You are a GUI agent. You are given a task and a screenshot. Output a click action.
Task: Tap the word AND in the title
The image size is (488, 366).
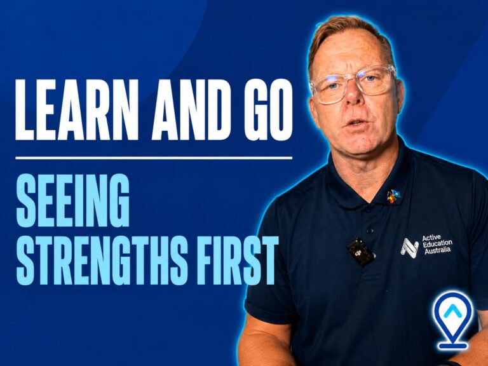[x=191, y=109]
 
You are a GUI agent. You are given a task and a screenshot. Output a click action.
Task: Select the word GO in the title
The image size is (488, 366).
[x=268, y=109]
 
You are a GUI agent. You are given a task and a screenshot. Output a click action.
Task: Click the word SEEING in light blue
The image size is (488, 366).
[x=72, y=200]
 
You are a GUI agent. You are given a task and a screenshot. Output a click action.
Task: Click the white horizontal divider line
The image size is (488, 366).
[x=154, y=158]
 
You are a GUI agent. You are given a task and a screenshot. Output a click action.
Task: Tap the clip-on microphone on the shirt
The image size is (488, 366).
[x=361, y=252]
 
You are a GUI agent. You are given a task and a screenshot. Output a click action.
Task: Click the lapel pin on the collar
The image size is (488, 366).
[x=393, y=196]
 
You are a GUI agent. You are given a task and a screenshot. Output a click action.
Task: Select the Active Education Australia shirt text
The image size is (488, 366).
[x=437, y=245]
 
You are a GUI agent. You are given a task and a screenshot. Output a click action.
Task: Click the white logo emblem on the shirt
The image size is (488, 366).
[x=409, y=248]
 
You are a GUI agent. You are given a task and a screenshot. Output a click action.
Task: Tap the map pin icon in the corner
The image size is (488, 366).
[x=453, y=320]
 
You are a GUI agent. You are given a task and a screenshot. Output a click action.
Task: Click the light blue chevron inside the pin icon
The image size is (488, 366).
[x=452, y=311]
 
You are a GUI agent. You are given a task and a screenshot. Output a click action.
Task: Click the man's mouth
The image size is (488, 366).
[x=356, y=122]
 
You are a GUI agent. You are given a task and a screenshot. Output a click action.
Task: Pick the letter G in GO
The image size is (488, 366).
[x=255, y=109]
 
